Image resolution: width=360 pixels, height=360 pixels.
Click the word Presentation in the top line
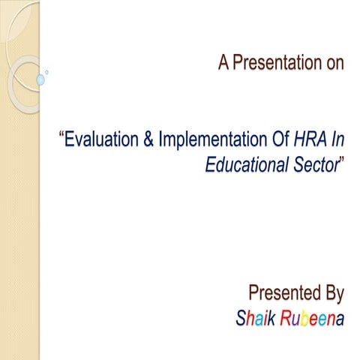click(277, 64)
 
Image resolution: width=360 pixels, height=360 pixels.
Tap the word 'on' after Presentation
click(335, 64)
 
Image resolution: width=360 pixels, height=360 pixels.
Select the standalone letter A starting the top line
click(223, 64)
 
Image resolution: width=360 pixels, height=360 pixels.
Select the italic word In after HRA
click(334, 139)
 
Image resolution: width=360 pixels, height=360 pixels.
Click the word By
click(332, 292)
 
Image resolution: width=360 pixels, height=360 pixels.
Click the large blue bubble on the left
click(40, 79)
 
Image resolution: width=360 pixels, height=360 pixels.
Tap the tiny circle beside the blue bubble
click(47, 72)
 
